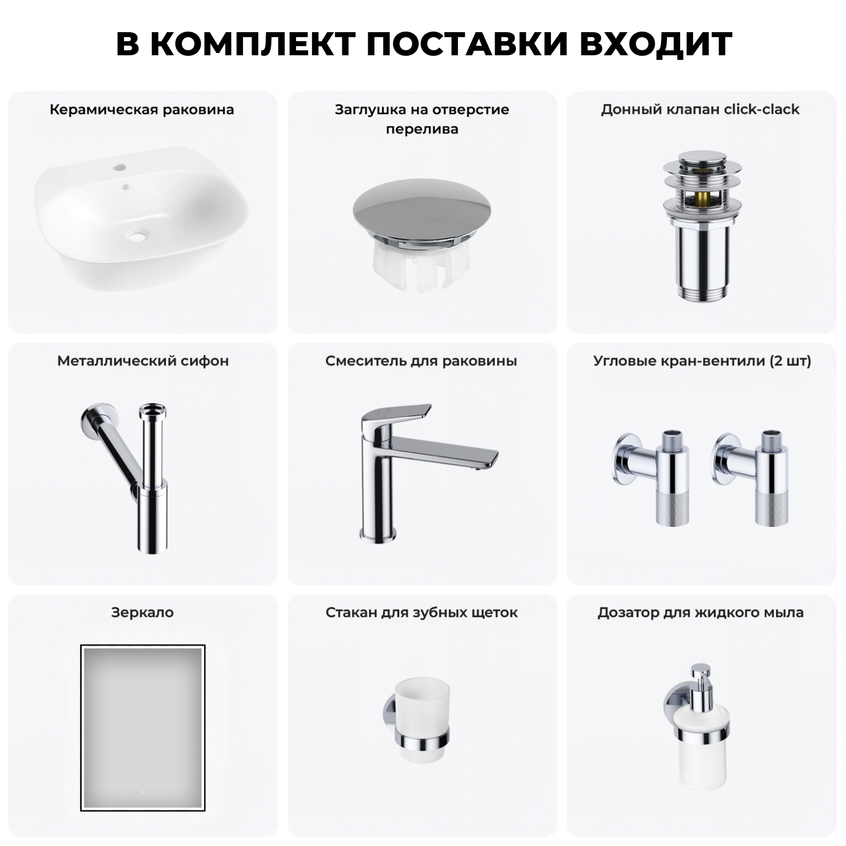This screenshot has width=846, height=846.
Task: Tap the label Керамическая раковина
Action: pos(142,109)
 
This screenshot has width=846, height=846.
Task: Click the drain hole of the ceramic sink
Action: pos(136,234)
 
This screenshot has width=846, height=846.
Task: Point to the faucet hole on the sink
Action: pos(120,168)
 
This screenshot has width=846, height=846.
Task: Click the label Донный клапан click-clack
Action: pos(700,109)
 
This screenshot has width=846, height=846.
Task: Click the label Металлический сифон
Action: pos(143,361)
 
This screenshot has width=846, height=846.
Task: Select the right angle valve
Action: pos(755,474)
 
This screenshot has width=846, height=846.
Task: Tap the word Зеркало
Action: pos(142,613)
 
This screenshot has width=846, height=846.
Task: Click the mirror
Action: pos(142,728)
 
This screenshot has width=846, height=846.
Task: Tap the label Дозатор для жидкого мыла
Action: pos(700,613)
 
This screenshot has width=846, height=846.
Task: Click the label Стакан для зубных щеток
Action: pos(421,613)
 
